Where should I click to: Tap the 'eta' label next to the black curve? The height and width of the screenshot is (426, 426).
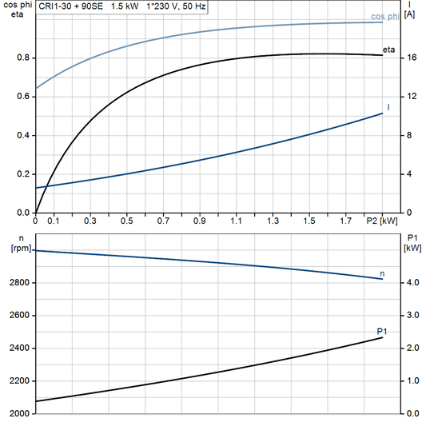tap(389, 50)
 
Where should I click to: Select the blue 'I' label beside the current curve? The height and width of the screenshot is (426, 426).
tap(388, 106)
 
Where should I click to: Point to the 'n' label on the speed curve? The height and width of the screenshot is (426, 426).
tap(382, 273)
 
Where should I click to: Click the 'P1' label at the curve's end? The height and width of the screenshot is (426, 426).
tap(382, 330)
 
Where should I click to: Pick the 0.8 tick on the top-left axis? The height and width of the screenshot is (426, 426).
tap(22, 58)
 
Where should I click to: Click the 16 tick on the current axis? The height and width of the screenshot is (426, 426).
tap(409, 58)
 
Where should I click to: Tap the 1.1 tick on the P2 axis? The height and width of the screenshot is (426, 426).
tap(237, 220)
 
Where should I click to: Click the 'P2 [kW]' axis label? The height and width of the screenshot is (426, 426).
tap(380, 220)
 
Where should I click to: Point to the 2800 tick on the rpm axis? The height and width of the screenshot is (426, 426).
tap(20, 283)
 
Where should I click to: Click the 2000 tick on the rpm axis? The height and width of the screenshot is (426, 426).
tap(20, 414)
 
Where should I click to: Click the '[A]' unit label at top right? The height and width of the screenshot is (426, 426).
tap(411, 15)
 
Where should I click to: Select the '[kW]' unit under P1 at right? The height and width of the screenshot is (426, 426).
tap(412, 248)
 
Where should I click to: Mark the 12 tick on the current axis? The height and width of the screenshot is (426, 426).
tap(409, 97)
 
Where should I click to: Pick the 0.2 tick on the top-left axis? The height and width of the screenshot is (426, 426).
tap(22, 174)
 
